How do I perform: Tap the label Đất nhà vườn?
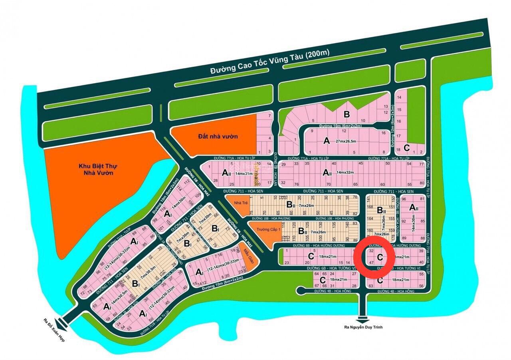[x=218, y=136]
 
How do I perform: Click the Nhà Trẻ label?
[x=239, y=203]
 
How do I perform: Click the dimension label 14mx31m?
[x=244, y=173]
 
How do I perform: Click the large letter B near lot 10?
[x=347, y=115]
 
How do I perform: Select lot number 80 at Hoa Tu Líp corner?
[x=421, y=184]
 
